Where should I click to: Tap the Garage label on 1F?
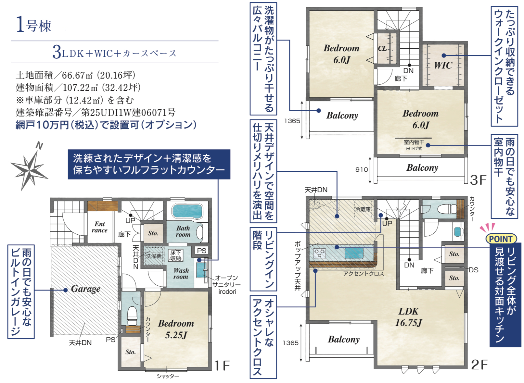point(86,289)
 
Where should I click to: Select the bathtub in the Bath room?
point(187,211)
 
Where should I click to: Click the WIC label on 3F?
point(443,65)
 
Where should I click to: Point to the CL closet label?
point(382,48)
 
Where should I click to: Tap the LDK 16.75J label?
point(408,317)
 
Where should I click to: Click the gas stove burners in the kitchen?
point(319,253)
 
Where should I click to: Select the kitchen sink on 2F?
point(354,253)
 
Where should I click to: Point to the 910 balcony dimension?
point(362,170)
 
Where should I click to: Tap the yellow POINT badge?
point(501,239)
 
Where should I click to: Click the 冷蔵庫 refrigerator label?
point(363,209)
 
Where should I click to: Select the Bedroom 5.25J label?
point(176,329)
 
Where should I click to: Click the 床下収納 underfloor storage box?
point(175,255)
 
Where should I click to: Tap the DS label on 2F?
point(473,270)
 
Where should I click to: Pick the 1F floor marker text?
point(222,365)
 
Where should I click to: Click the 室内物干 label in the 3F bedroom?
point(414,142)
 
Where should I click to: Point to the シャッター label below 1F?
point(168,376)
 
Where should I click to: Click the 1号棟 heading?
point(33,25)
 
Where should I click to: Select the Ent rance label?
point(100,227)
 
